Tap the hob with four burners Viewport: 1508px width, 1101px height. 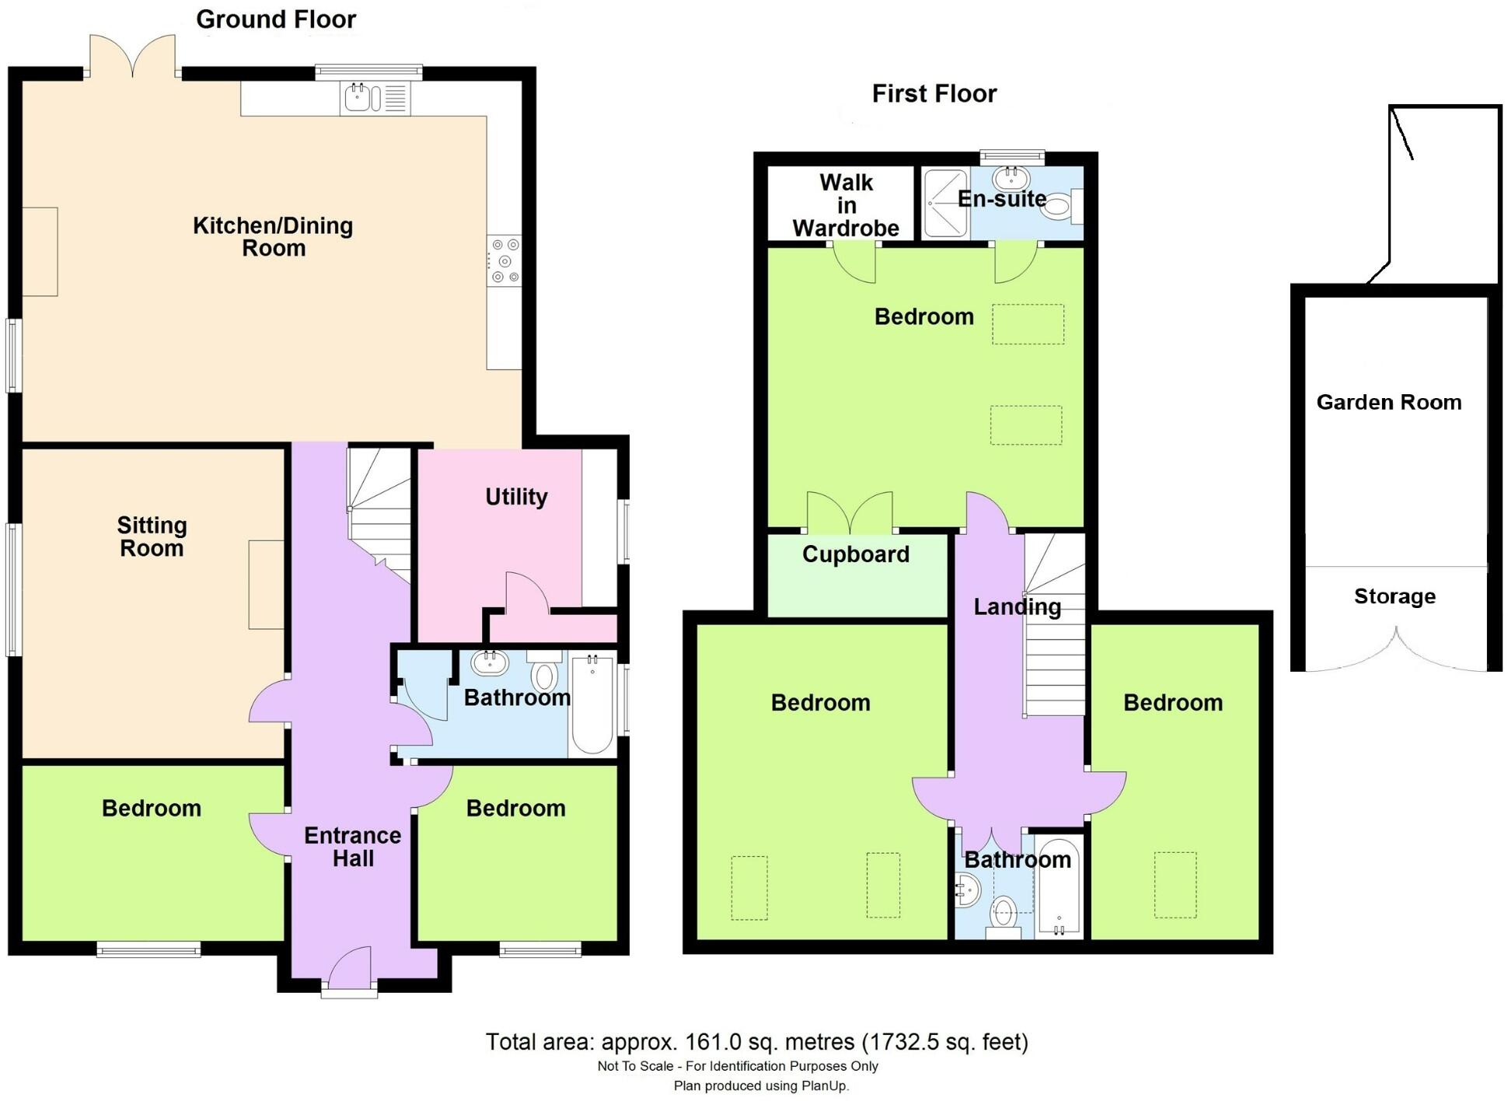[x=504, y=261]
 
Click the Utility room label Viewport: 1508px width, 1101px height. [x=516, y=497]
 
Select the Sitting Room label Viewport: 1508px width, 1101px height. [x=152, y=537]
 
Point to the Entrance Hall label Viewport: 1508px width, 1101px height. [x=352, y=847]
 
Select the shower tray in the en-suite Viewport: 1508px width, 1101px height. [x=945, y=204]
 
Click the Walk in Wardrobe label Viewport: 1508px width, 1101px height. [x=846, y=205]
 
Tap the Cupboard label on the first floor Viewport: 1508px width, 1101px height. [x=855, y=554]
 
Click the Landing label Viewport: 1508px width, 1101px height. [x=1017, y=606]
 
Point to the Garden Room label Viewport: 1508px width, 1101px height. [x=1388, y=402]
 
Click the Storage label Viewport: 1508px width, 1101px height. [x=1395, y=596]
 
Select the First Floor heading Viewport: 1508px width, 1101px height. [x=934, y=94]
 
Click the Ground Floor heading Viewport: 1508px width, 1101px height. [x=276, y=19]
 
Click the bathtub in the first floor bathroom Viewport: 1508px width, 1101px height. [x=1059, y=886]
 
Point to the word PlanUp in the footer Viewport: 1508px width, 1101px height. [x=825, y=1086]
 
